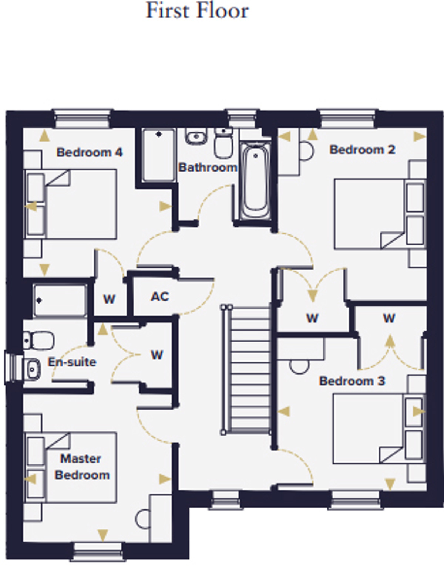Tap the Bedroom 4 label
90,152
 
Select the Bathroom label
208,167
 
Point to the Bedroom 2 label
362,150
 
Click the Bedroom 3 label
352,381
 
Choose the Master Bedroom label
82,467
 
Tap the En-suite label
72,362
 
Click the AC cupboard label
160,297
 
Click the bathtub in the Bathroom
255,182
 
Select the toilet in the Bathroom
223,143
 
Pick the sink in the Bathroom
196,136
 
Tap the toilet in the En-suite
39,341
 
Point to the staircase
246,369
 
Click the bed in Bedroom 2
380,214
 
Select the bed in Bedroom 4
70,204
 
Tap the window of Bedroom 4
83,118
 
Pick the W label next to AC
109,299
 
